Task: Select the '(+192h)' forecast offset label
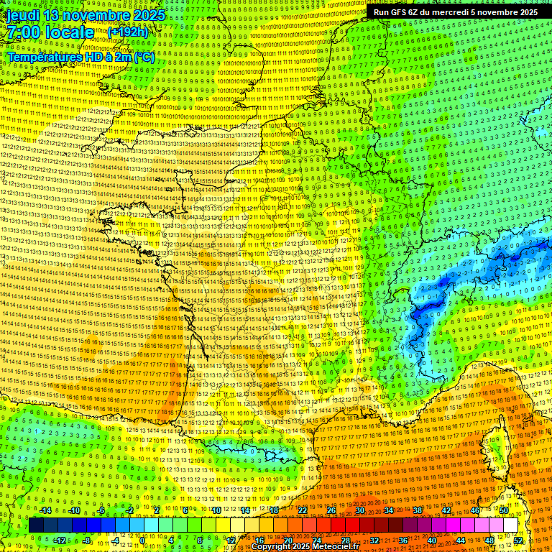(127, 32)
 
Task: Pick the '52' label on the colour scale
(518, 540)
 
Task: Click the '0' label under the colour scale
(143, 540)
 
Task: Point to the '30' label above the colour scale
(359, 510)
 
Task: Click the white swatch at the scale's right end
(510, 525)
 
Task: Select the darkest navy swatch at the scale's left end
(36, 525)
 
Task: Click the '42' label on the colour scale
(446, 510)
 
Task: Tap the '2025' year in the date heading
(146, 15)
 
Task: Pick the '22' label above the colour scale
(302, 510)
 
